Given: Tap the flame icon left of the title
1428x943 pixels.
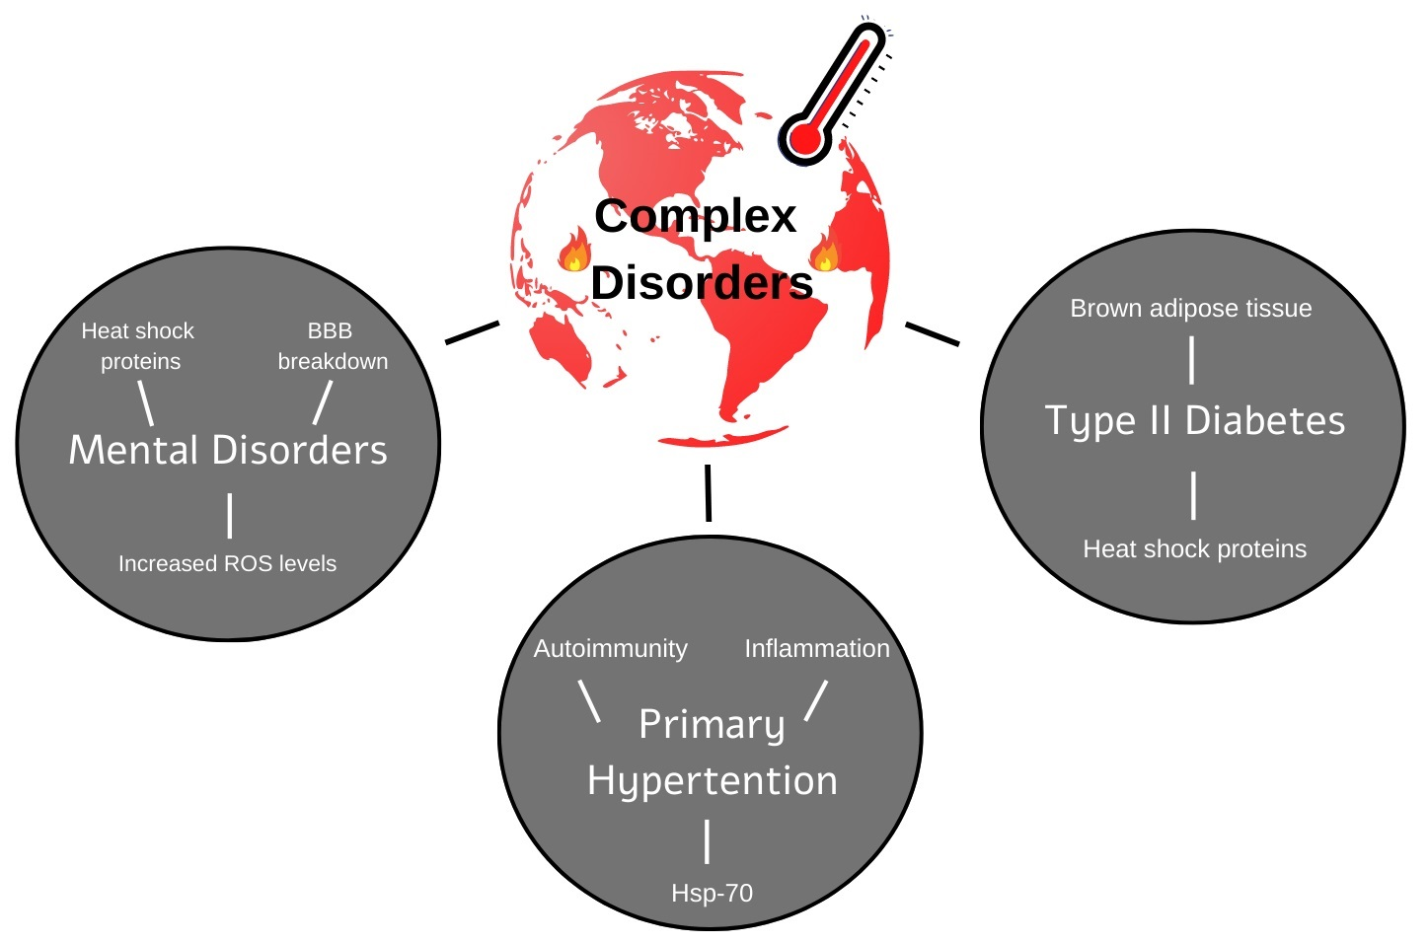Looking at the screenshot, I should click(x=574, y=251).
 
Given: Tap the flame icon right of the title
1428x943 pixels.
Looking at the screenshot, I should click(x=825, y=254).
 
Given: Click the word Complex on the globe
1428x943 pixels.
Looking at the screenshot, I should click(x=695, y=216).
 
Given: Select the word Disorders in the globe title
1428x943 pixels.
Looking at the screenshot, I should click(x=702, y=283).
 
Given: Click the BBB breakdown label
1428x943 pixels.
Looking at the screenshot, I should click(x=333, y=346).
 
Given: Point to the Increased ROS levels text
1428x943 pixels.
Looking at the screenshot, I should click(x=227, y=563).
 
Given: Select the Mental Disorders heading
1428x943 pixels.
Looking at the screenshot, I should click(x=228, y=450).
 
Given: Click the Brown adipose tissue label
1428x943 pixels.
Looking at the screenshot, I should click(x=1190, y=309).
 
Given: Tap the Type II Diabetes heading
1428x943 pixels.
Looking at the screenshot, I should click(x=1194, y=421).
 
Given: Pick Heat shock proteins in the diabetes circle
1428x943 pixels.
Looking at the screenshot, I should click(x=1194, y=549).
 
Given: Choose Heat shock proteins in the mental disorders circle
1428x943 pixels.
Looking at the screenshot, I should click(x=139, y=346).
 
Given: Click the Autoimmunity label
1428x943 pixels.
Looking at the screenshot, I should click(x=610, y=649).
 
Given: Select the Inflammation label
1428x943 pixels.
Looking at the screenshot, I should click(x=816, y=649).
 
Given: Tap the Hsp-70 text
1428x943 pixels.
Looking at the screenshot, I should click(x=712, y=894).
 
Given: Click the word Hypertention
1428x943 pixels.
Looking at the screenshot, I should click(x=712, y=781).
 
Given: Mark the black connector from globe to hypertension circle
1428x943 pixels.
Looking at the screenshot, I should click(x=708, y=492).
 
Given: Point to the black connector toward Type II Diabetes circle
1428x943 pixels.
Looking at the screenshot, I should click(x=932, y=333).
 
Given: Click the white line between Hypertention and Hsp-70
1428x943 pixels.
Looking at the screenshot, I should click(x=708, y=841).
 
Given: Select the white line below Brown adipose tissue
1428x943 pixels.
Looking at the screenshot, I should click(x=1192, y=360).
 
